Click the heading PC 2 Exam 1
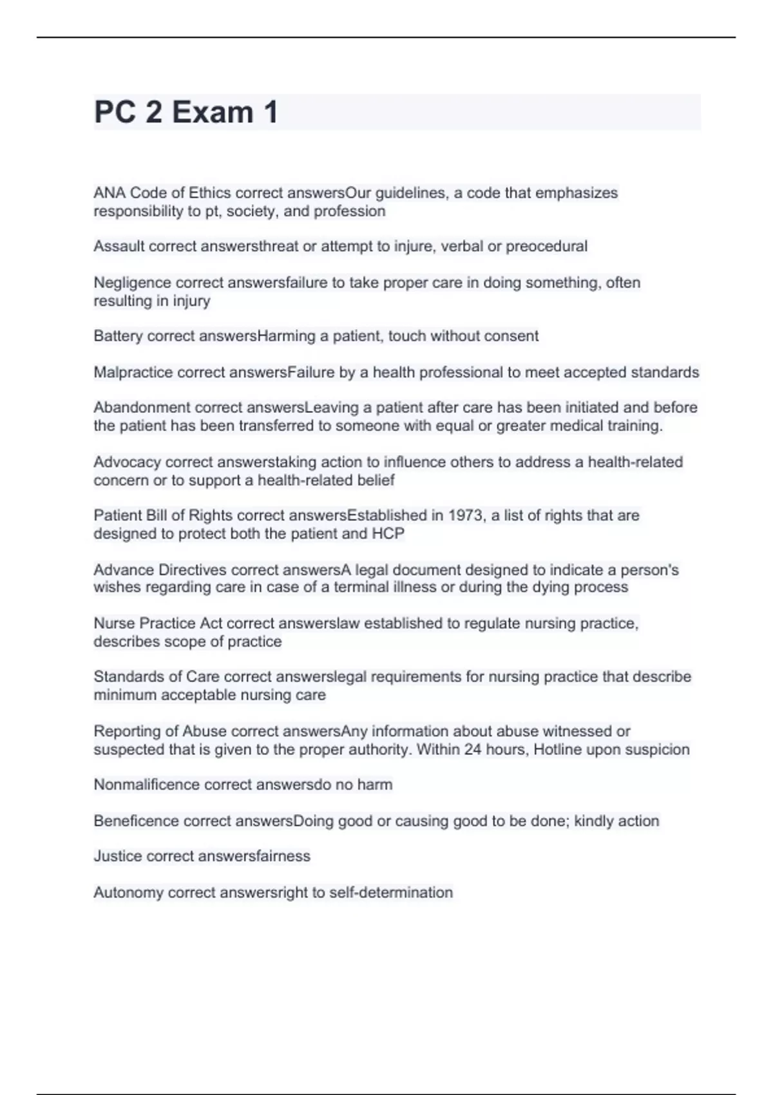pyautogui.click(x=186, y=112)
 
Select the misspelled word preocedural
pyautogui.click(x=546, y=246)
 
